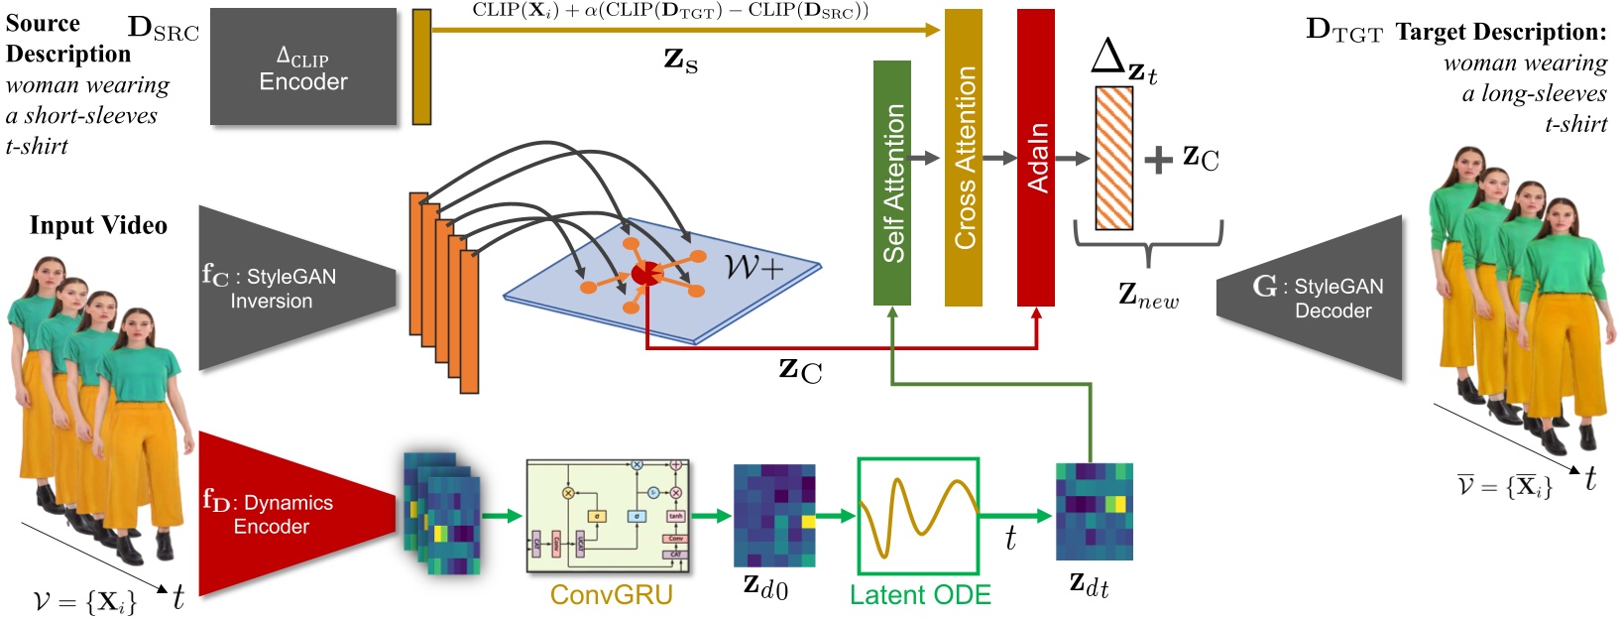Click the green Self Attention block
(891, 184)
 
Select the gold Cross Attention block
(963, 159)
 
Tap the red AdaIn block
(1036, 159)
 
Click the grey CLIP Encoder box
(302, 68)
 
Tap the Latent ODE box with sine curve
(918, 516)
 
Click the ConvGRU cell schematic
(608, 516)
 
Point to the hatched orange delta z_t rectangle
(1113, 159)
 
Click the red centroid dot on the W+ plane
(643, 273)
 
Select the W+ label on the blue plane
(754, 267)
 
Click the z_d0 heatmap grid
(773, 516)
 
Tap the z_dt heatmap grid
(1094, 512)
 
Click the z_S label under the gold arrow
(680, 62)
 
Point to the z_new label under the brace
(1148, 296)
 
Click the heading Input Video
(98, 226)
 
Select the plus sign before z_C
(1157, 160)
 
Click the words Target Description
(1500, 33)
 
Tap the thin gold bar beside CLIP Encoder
(421, 67)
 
